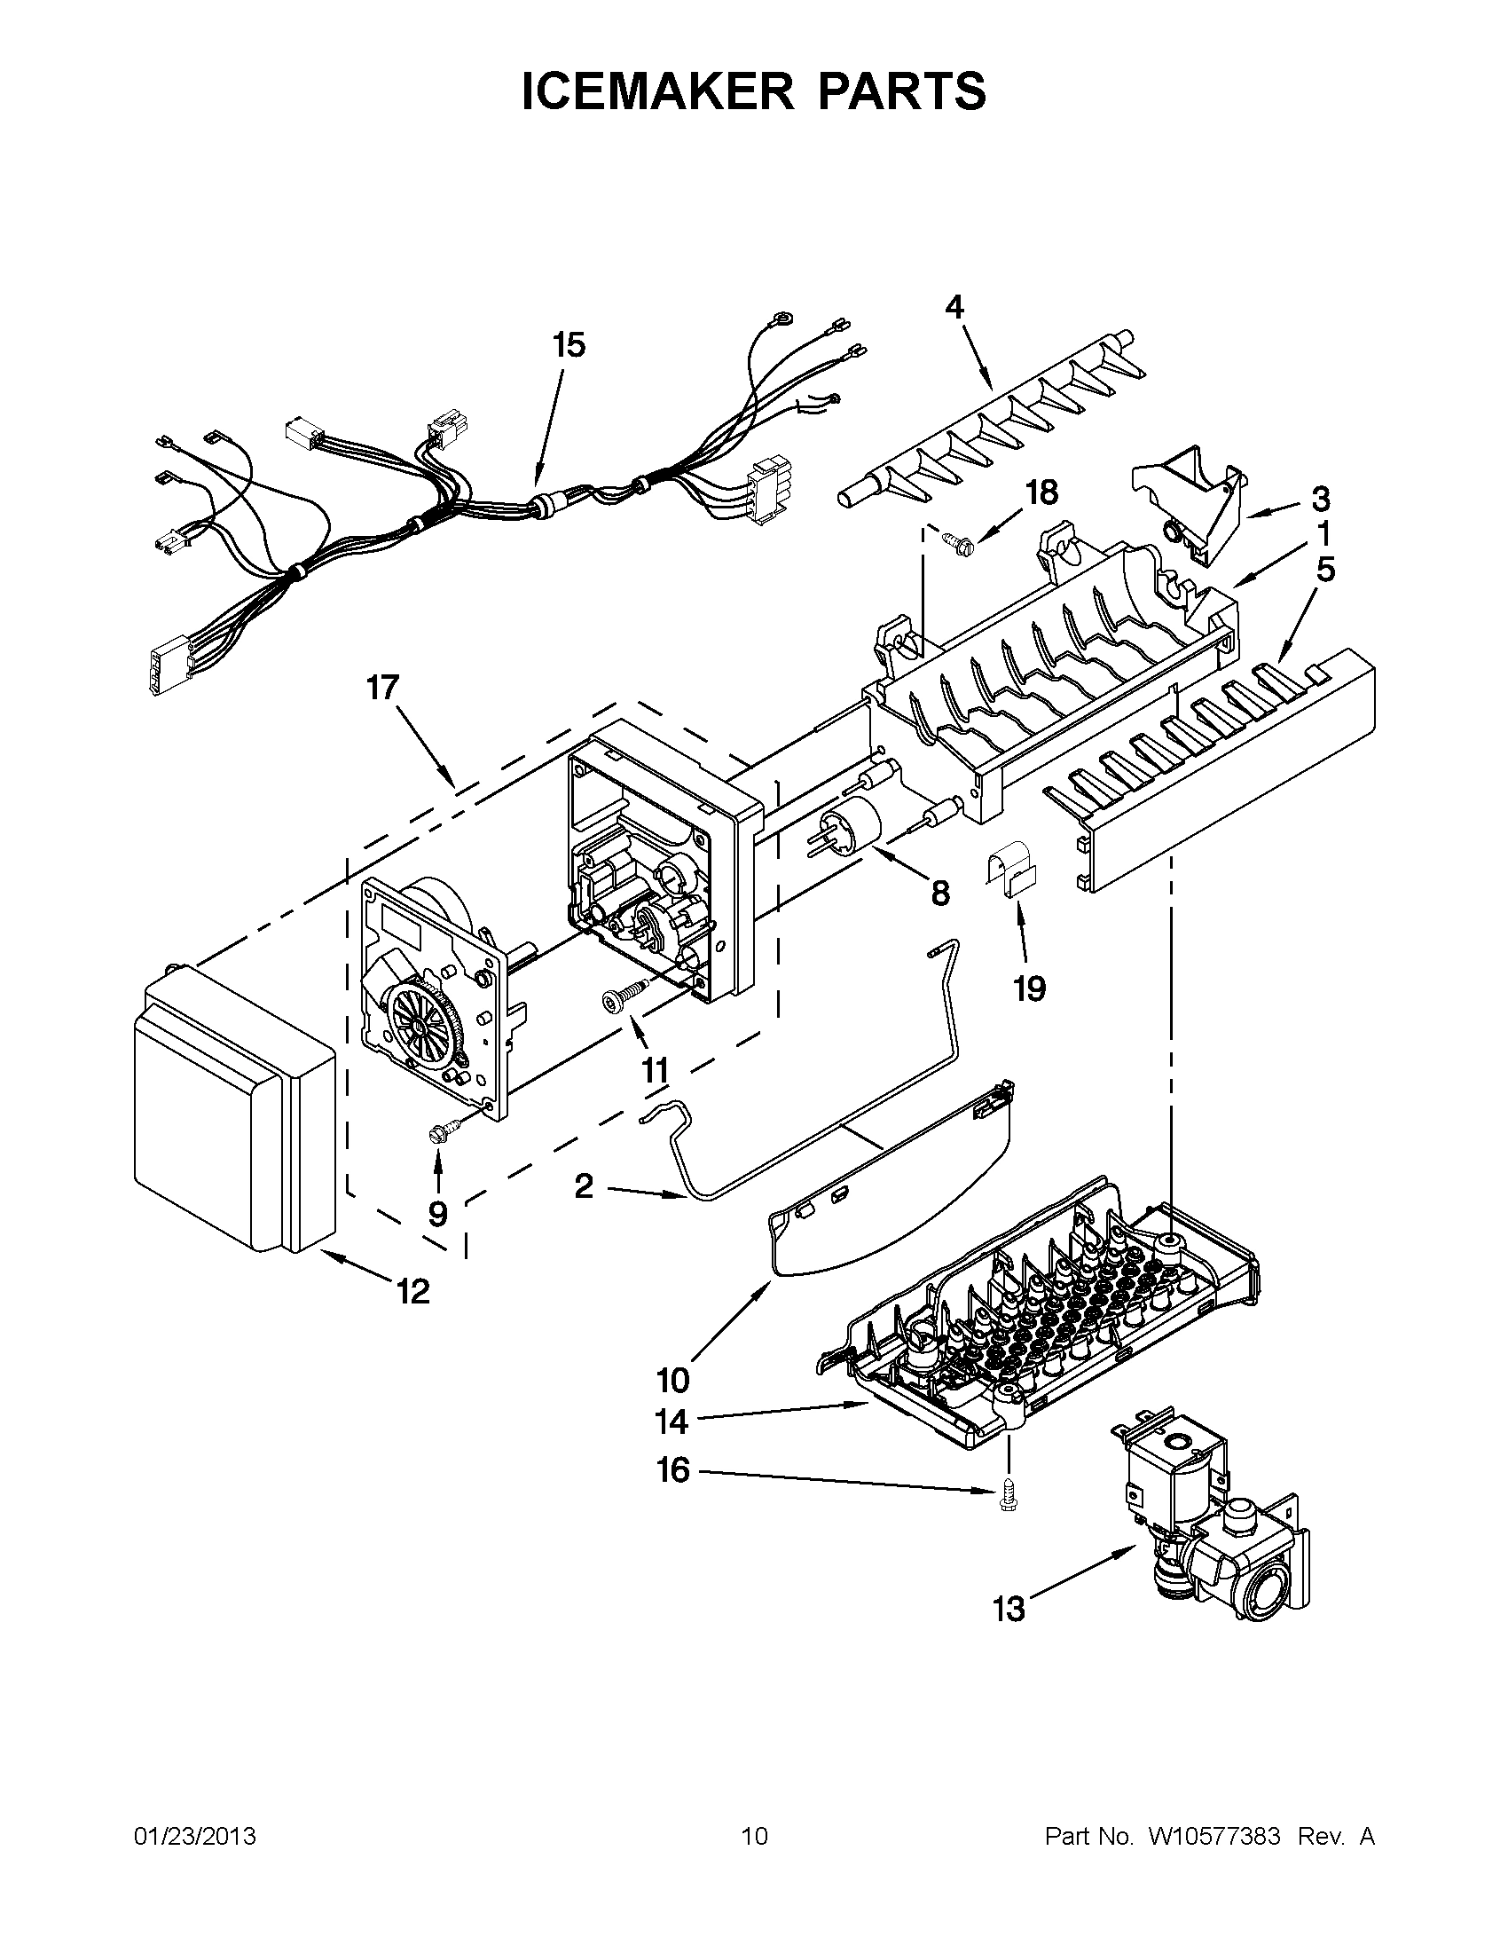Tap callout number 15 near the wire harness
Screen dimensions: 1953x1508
(x=569, y=344)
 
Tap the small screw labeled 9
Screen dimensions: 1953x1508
(x=443, y=1134)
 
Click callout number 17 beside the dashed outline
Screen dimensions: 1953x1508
(x=382, y=689)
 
